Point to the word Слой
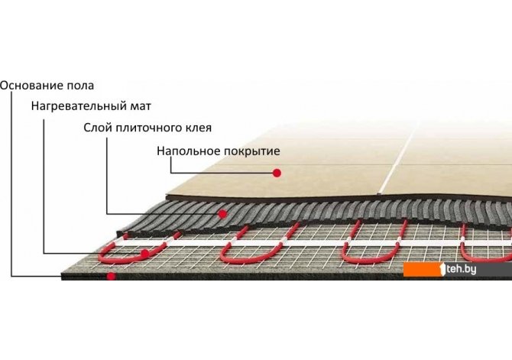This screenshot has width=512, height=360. [x=97, y=128]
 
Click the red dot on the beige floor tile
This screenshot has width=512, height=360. [x=279, y=174]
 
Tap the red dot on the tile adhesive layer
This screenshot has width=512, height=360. [x=222, y=212]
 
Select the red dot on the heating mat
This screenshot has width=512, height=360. [x=145, y=253]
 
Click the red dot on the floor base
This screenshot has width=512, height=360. [x=112, y=275]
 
